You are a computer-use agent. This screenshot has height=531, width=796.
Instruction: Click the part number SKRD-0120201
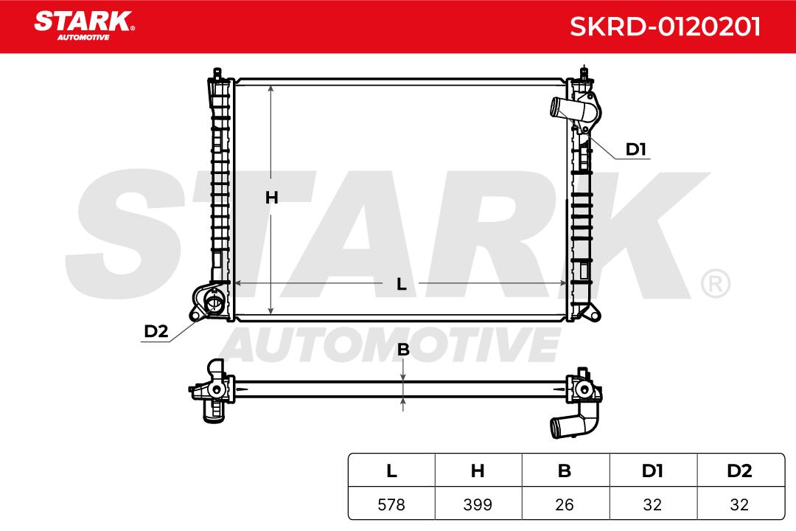click(665, 27)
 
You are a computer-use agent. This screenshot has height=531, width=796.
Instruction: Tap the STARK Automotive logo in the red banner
click(84, 25)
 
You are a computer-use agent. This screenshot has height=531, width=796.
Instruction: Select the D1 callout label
click(635, 150)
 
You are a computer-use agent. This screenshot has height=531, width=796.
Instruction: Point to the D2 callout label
click(156, 331)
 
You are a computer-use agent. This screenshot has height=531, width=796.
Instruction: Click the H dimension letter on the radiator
click(271, 197)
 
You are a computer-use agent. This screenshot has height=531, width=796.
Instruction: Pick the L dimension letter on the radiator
click(402, 284)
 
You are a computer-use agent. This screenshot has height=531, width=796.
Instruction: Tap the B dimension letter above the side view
click(403, 350)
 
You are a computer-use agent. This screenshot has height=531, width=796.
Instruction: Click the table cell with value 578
click(391, 504)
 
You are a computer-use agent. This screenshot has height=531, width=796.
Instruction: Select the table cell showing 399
click(478, 504)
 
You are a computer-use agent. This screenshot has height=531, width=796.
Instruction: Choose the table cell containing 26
click(565, 504)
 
